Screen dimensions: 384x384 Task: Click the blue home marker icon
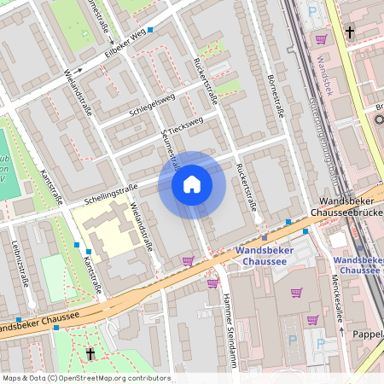click(192, 184)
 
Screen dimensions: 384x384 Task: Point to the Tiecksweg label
click(185, 125)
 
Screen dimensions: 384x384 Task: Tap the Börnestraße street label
click(276, 94)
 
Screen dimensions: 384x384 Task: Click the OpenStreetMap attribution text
click(85, 378)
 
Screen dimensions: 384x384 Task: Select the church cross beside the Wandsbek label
click(349, 33)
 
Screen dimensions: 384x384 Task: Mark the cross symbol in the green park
click(90, 353)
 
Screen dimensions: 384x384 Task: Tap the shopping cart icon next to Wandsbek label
click(321, 39)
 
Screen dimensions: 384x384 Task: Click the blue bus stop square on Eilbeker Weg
click(150, 30)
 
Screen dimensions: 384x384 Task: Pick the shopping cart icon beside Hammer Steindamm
click(212, 282)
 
